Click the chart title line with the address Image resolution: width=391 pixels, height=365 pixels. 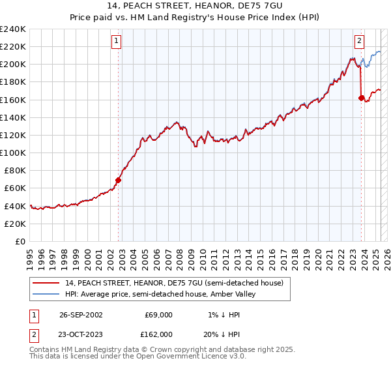click(195, 6)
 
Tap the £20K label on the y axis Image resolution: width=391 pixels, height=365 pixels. click(15, 224)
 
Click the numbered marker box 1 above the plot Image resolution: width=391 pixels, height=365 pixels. click(116, 41)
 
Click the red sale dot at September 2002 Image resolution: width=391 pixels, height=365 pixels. click(118, 180)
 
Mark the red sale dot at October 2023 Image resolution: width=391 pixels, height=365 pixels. click(361, 98)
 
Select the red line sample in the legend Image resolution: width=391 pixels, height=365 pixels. click(46, 284)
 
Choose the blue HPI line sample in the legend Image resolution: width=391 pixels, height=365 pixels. click(46, 294)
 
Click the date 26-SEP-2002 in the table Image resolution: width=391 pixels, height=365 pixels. click(81, 315)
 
